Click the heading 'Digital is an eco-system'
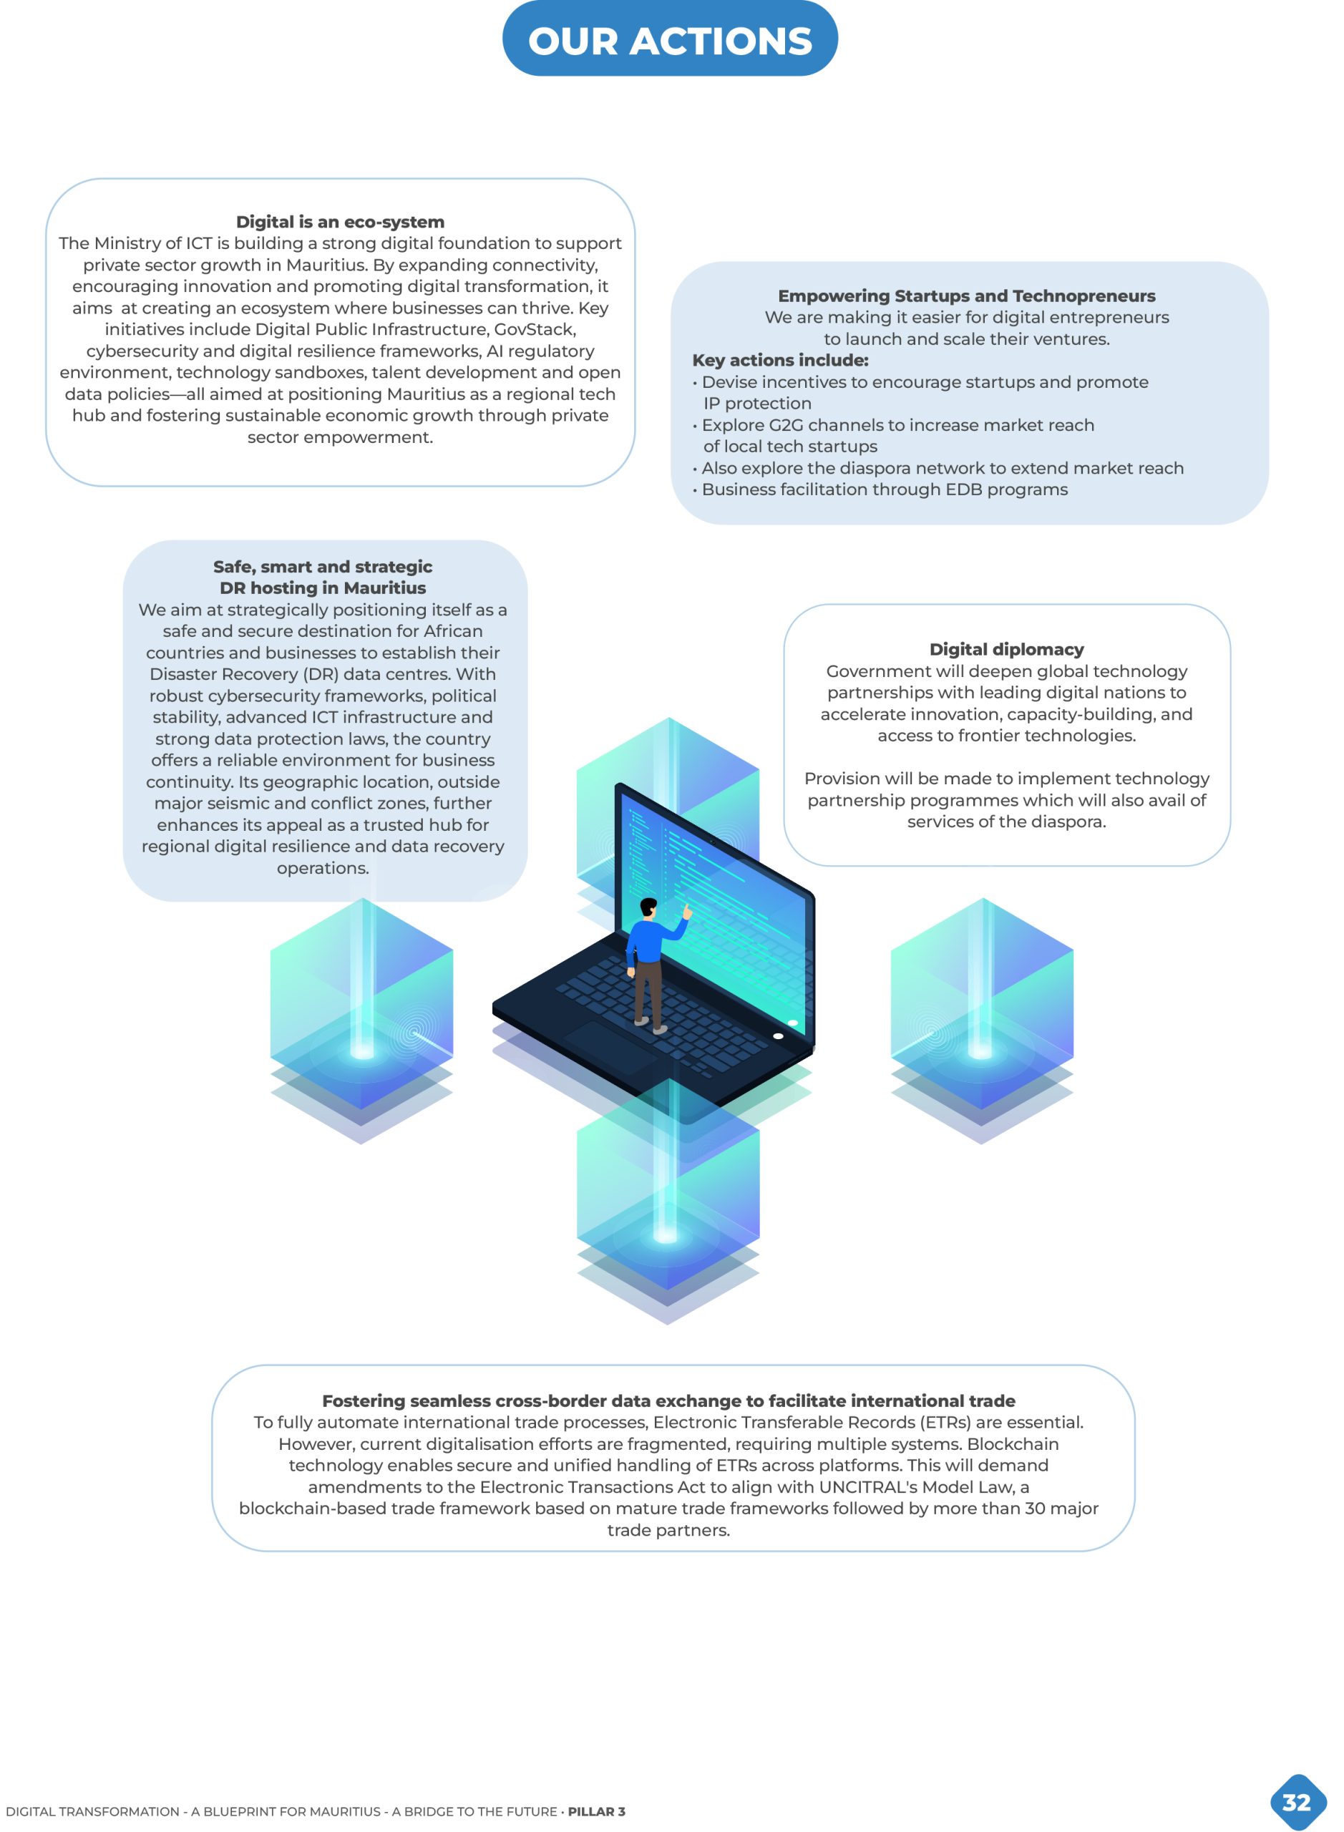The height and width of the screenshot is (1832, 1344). coord(340,222)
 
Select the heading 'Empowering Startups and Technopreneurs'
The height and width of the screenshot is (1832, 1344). coord(967,296)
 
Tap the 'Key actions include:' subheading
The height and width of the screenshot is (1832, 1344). coord(780,361)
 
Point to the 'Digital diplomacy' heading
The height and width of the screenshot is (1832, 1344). coord(1006,649)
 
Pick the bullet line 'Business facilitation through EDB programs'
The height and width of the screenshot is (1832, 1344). coord(885,489)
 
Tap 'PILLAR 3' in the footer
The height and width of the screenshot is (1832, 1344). coord(596,1812)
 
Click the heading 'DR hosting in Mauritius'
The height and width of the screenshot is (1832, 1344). coord(322,588)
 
